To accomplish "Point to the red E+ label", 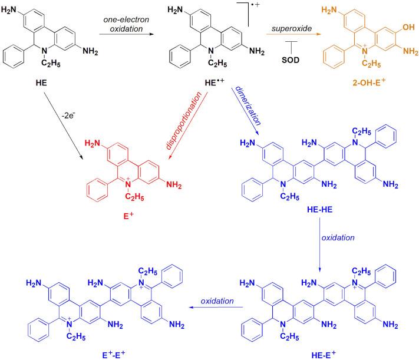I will point(144,224).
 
